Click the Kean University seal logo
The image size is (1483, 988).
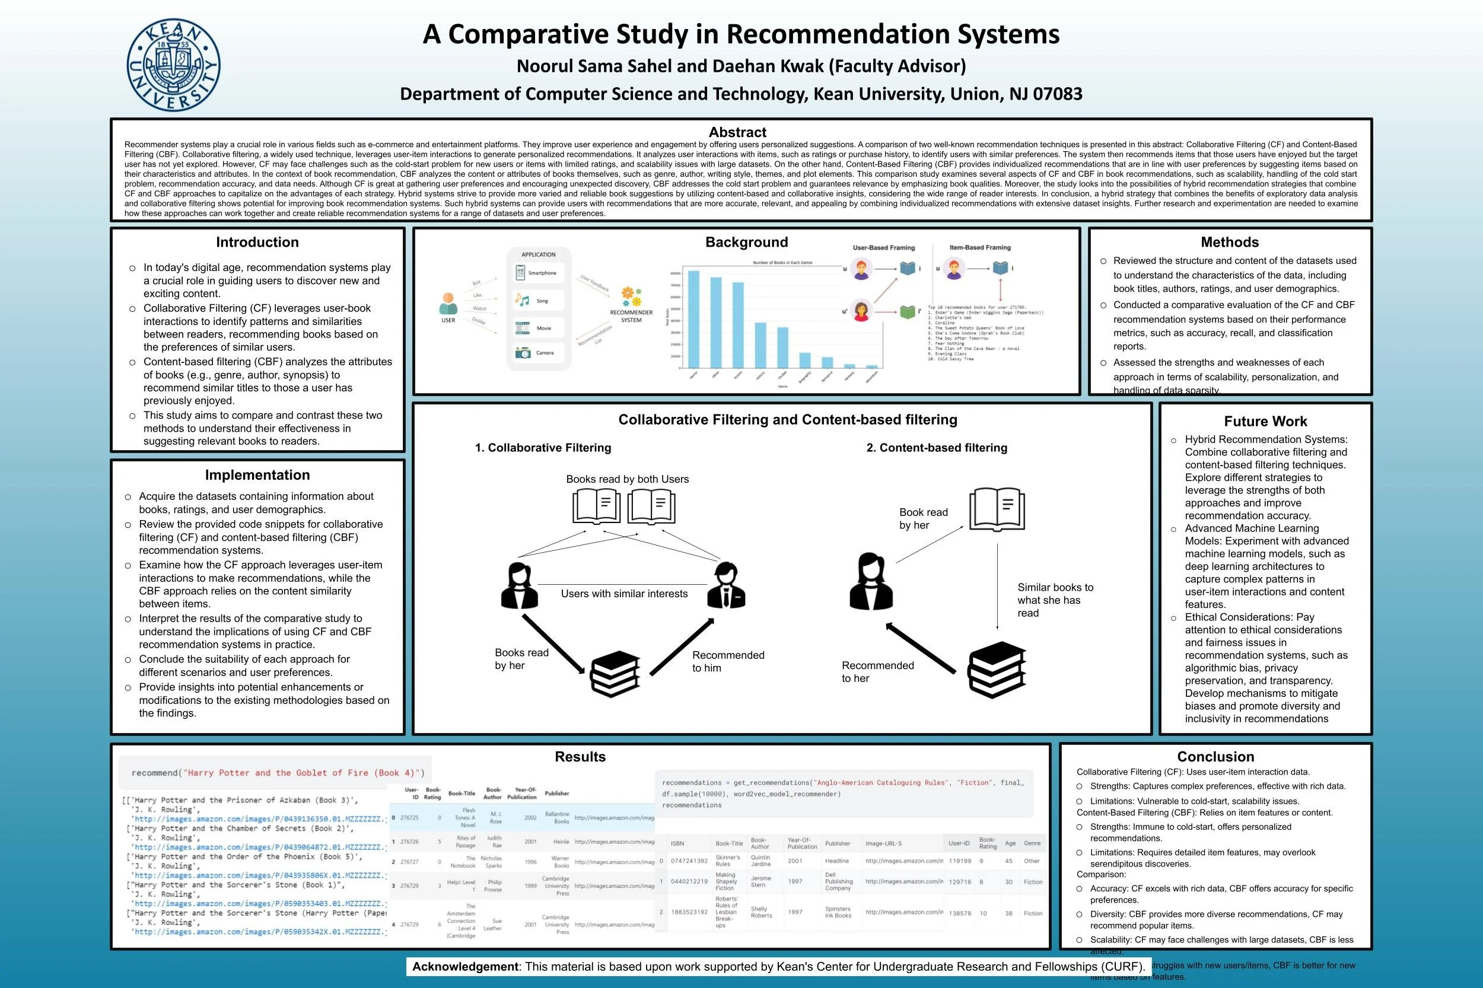coord(173,65)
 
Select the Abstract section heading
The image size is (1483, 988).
coord(737,132)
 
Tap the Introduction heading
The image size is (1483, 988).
coord(257,243)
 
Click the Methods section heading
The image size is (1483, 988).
coord(1229,243)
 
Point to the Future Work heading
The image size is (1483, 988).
coord(1265,422)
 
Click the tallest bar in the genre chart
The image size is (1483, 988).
coord(693,319)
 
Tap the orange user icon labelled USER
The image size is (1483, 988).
coord(448,304)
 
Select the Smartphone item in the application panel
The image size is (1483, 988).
coord(537,273)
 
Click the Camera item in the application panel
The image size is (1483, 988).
coord(537,353)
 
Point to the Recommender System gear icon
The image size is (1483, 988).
coord(631,297)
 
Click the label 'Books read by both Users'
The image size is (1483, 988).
coord(627,480)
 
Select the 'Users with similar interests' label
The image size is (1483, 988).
coord(624,594)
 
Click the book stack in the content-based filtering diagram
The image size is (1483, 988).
coord(997,670)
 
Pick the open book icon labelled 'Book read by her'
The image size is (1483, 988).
coord(997,509)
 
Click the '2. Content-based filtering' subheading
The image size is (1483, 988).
coord(937,448)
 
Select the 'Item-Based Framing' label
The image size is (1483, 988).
coord(979,248)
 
